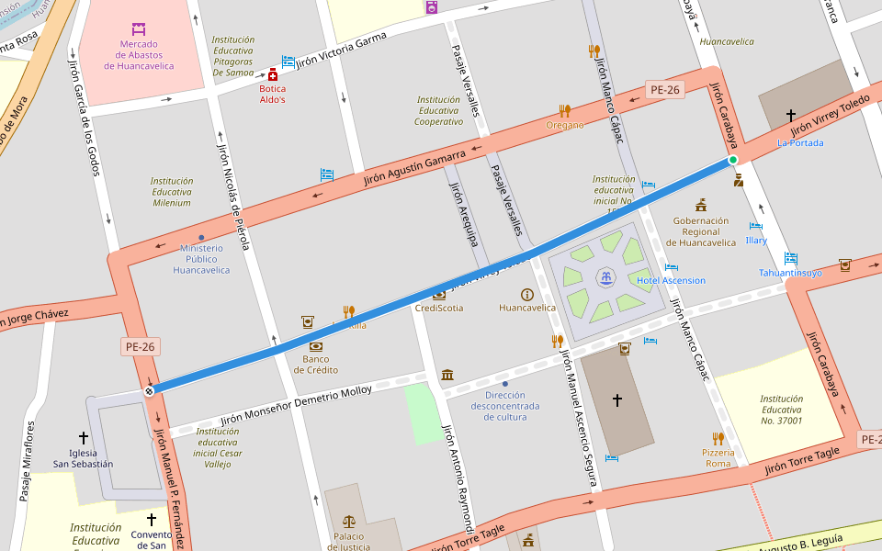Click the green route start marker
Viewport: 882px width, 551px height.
pos(733,161)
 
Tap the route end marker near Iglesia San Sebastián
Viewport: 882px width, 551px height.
pos(148,392)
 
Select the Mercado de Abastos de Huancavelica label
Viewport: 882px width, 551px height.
pos(139,54)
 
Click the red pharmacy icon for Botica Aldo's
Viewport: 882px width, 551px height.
pos(273,74)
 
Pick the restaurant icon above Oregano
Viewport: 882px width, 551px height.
pos(565,110)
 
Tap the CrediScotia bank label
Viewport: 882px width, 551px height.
pos(439,308)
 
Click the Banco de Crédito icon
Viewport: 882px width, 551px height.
pos(316,346)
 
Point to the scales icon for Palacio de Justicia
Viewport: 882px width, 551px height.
pos(348,522)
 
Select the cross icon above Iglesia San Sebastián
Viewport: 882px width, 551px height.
pos(84,438)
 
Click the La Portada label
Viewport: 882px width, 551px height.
pos(800,142)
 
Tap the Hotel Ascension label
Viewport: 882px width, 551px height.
pos(672,280)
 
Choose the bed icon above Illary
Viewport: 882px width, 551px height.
pos(756,226)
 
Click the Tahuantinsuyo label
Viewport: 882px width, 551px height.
pos(790,273)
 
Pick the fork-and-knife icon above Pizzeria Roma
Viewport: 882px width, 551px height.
pos(718,438)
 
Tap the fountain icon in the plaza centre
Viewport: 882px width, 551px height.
pos(605,276)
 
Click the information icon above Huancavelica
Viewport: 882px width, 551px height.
pos(527,294)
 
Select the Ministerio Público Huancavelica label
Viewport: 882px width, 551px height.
pos(201,259)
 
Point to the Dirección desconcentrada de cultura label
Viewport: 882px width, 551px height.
pos(505,406)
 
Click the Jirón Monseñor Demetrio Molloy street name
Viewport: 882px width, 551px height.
pos(296,404)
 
